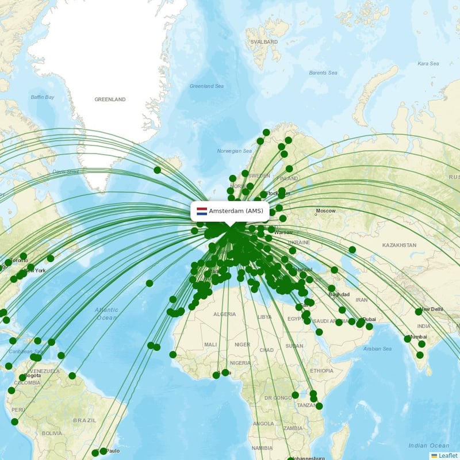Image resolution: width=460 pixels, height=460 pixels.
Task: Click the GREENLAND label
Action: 110,99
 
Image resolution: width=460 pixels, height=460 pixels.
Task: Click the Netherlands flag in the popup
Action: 202,212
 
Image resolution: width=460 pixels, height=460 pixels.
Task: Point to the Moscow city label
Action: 326,211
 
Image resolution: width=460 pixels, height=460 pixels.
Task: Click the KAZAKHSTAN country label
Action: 399,245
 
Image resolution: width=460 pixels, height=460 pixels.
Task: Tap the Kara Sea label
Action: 428,64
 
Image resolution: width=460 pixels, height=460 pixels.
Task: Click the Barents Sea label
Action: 323,73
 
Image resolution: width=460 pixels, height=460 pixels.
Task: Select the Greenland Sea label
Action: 207,86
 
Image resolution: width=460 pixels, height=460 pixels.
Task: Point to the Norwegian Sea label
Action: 235,151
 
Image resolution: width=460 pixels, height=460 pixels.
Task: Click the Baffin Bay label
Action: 43,97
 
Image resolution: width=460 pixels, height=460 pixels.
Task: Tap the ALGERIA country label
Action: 225,315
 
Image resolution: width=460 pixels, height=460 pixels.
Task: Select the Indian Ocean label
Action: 428,446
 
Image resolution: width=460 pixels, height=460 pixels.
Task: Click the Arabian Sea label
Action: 377,348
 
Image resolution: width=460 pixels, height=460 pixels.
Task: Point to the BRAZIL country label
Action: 85,420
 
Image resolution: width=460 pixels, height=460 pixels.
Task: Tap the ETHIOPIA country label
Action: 321,371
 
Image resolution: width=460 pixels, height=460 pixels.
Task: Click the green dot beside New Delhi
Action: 419,312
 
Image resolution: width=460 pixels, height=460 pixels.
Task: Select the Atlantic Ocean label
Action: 107,313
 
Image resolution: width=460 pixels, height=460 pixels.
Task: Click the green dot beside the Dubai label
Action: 361,321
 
